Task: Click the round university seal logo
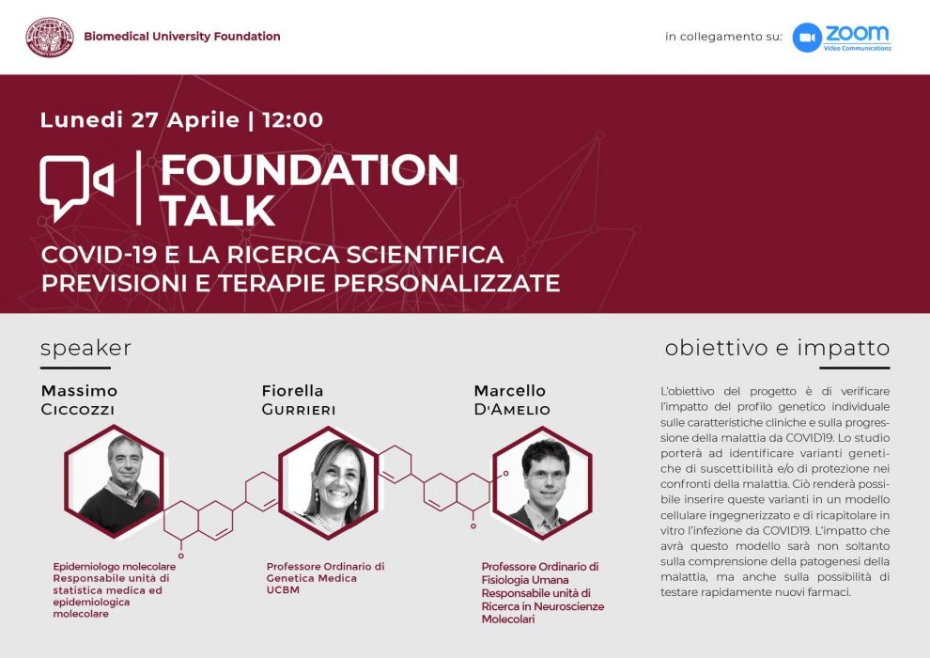point(50,37)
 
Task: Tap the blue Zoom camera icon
point(807,38)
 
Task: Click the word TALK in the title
point(217,210)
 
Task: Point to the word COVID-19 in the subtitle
point(99,255)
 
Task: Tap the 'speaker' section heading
point(86,349)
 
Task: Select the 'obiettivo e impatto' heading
point(777,348)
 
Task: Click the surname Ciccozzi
point(78,410)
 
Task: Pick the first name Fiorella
point(292,390)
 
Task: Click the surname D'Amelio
point(512,410)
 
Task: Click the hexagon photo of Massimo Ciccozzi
point(114,481)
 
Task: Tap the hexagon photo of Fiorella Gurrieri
point(329,482)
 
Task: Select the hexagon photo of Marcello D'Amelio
point(543,482)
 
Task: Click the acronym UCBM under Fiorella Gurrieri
point(283,589)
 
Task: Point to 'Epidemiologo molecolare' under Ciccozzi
point(115,567)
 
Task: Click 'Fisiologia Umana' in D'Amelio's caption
point(525,580)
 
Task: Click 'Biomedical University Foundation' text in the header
point(182,37)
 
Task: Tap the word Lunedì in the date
point(81,119)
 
